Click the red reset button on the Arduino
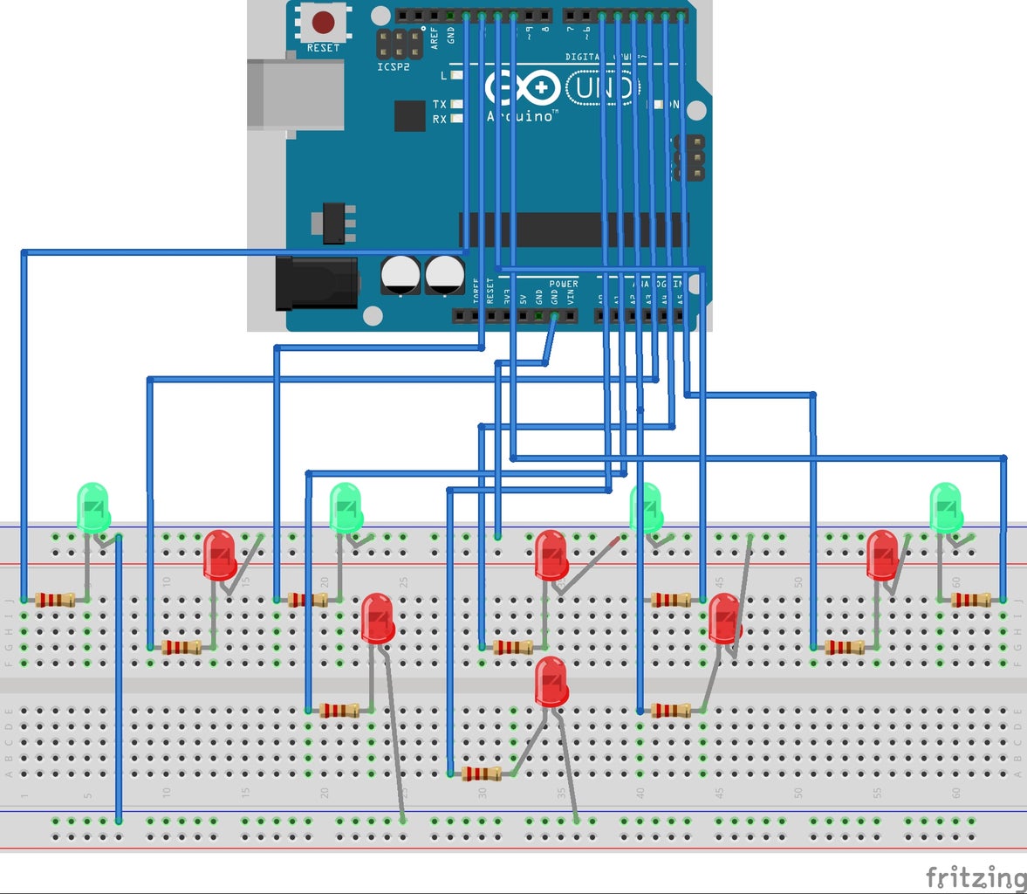(x=324, y=21)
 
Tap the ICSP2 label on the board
(x=393, y=67)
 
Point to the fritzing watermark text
(x=975, y=877)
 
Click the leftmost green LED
(x=93, y=507)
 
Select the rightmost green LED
(x=945, y=506)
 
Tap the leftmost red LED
(x=219, y=554)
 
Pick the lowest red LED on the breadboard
(x=551, y=682)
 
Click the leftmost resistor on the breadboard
(x=55, y=600)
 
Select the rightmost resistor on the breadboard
(x=969, y=600)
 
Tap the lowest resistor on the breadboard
(x=482, y=774)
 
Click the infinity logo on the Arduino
(x=522, y=88)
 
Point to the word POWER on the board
(x=563, y=284)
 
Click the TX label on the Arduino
(x=439, y=104)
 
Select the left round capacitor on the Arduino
(x=401, y=274)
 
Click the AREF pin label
(x=435, y=37)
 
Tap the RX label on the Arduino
(x=439, y=119)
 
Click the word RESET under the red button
(x=323, y=48)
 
